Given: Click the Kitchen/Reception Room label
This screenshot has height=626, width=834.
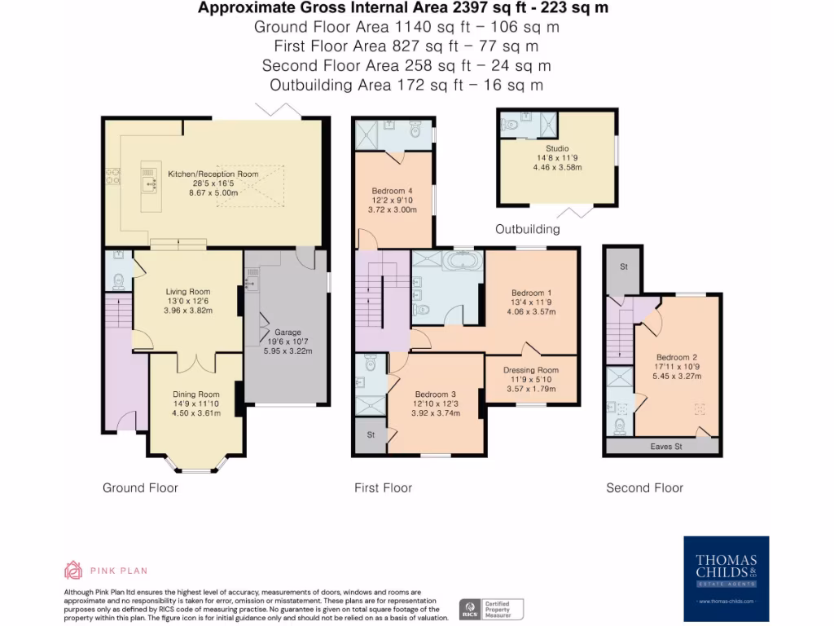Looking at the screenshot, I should point(213,174).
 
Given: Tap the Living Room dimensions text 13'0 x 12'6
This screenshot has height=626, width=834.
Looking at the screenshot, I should point(188,301).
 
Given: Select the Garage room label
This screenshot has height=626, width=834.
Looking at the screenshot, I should point(288,332).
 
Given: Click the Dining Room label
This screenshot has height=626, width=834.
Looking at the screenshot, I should point(195,395).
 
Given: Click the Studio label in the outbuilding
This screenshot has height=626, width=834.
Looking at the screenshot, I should point(557,148).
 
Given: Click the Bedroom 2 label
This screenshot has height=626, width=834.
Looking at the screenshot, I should point(677,357).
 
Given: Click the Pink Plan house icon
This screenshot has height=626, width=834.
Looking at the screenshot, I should point(73,570).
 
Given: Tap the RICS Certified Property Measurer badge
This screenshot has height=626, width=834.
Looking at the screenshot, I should point(492,609).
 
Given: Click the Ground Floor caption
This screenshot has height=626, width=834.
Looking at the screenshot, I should point(140,487).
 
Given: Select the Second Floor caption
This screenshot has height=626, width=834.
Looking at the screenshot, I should point(644,487).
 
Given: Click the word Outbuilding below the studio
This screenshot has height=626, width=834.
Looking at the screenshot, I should point(527,229).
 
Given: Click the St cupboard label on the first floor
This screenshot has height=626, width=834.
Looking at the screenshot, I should point(371,435).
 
